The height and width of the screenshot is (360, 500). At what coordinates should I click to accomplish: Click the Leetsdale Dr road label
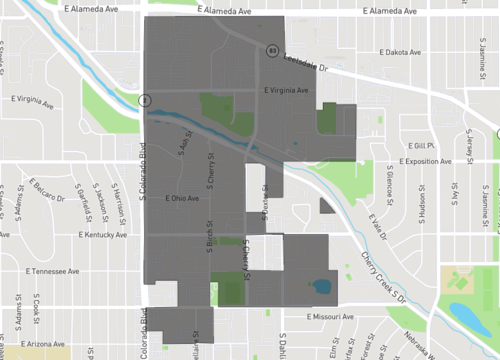(307, 64)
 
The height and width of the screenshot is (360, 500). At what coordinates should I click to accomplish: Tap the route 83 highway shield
(272, 49)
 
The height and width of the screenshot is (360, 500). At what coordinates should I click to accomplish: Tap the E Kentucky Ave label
(104, 235)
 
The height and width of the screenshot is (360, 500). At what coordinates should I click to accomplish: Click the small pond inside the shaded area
(323, 287)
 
